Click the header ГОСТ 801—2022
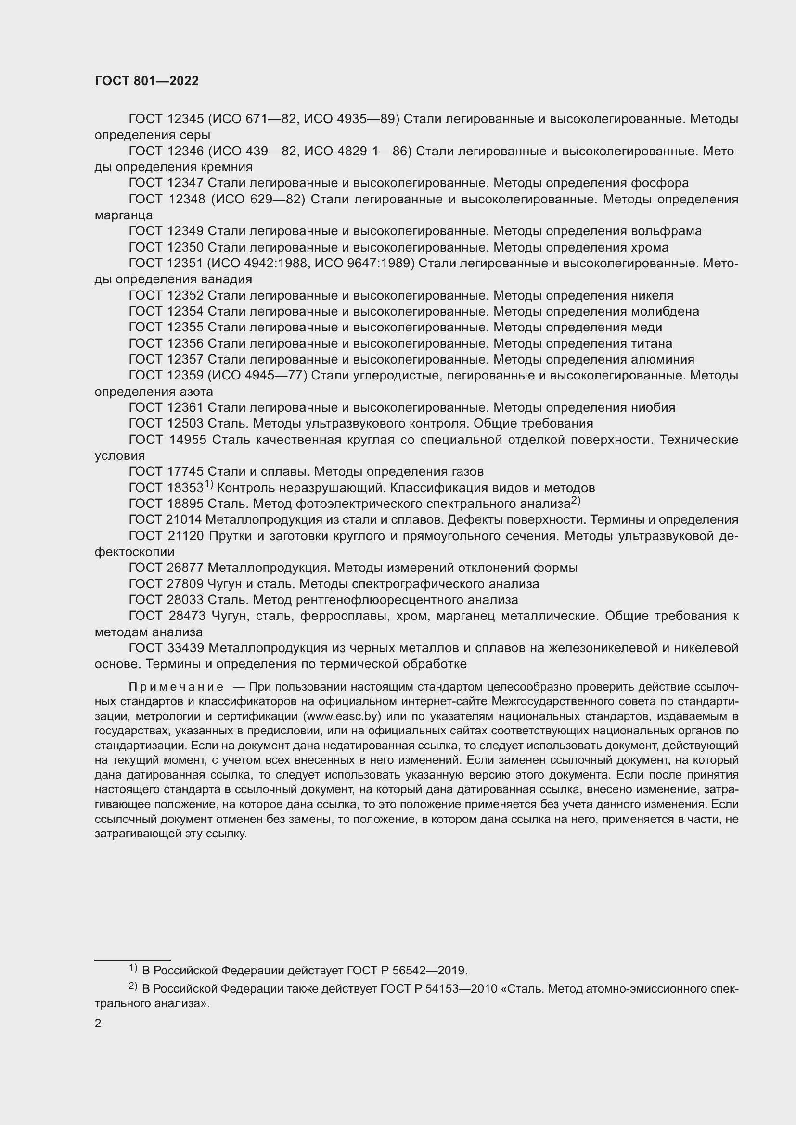pyautogui.click(x=147, y=81)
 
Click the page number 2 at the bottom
pyautogui.click(x=98, y=1023)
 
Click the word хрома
pyautogui.click(x=649, y=247)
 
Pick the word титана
pyautogui.click(x=652, y=343)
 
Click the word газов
pyautogui.click(x=466, y=472)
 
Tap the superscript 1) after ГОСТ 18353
pyautogui.click(x=208, y=485)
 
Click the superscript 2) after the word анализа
pyautogui.click(x=576, y=501)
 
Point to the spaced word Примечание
pyautogui.click(x=177, y=687)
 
